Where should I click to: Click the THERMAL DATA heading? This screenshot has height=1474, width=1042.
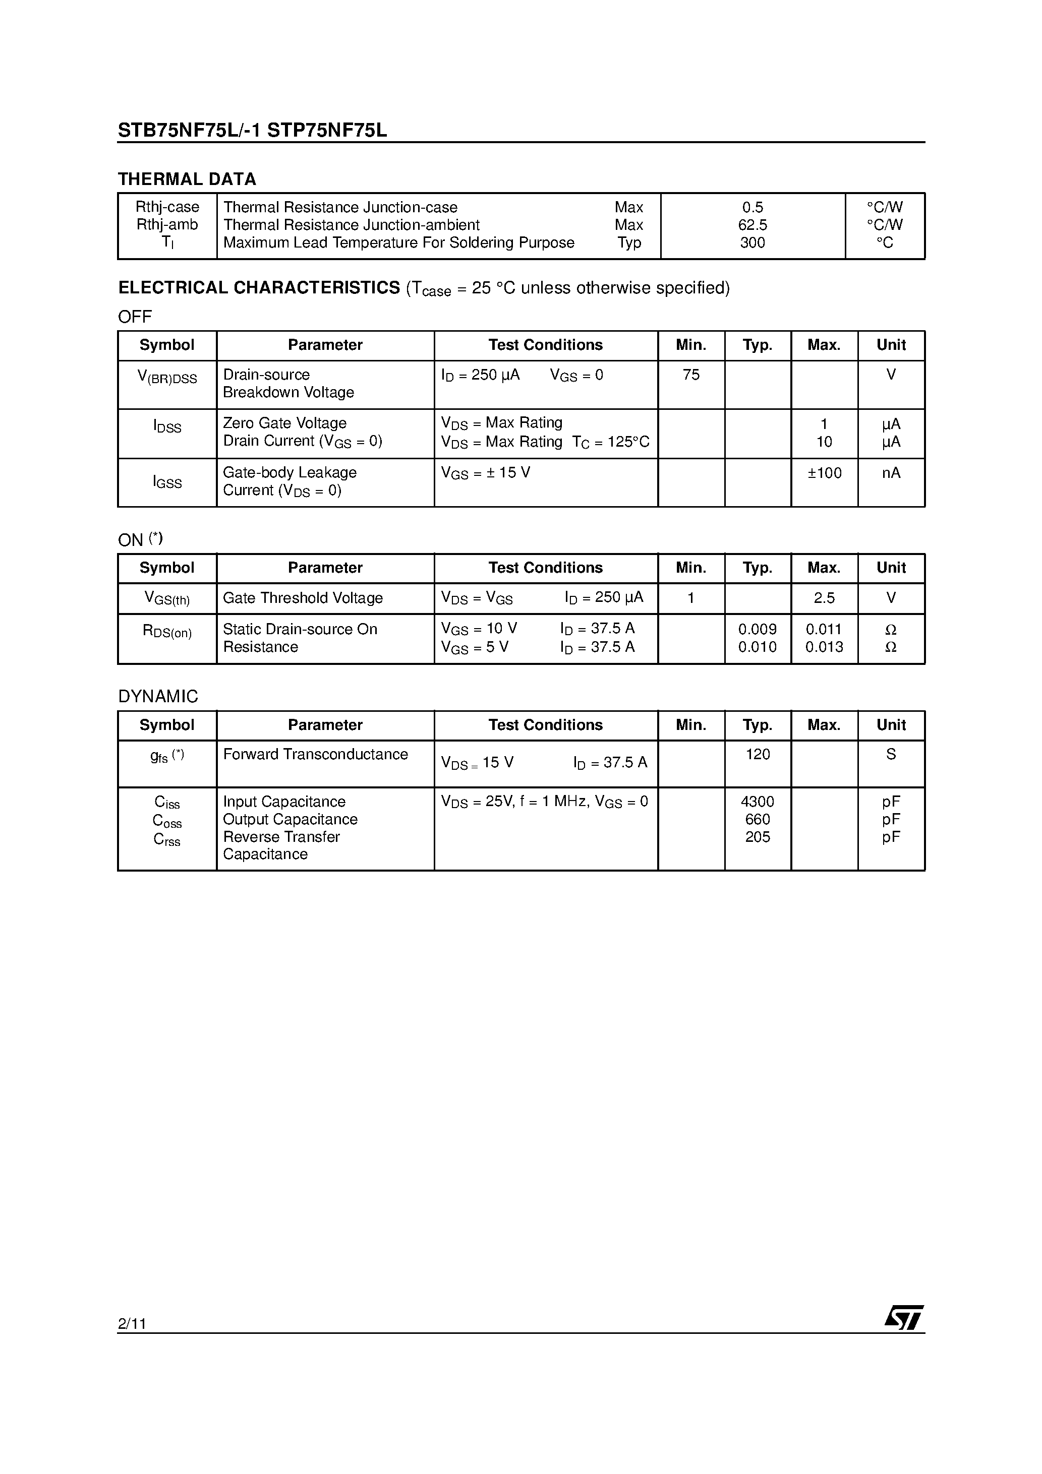[187, 179]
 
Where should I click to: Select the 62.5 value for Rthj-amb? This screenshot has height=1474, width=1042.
[752, 225]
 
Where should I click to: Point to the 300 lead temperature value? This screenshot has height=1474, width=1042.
[752, 242]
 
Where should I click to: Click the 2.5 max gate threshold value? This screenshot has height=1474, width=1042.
[824, 598]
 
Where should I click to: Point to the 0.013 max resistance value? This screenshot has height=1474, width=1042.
[824, 647]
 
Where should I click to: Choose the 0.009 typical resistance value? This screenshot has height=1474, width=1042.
[758, 629]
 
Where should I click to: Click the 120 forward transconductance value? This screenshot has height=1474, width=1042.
[758, 754]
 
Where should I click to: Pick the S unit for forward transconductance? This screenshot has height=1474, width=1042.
[891, 754]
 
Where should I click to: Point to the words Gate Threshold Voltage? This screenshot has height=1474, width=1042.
[303, 598]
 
